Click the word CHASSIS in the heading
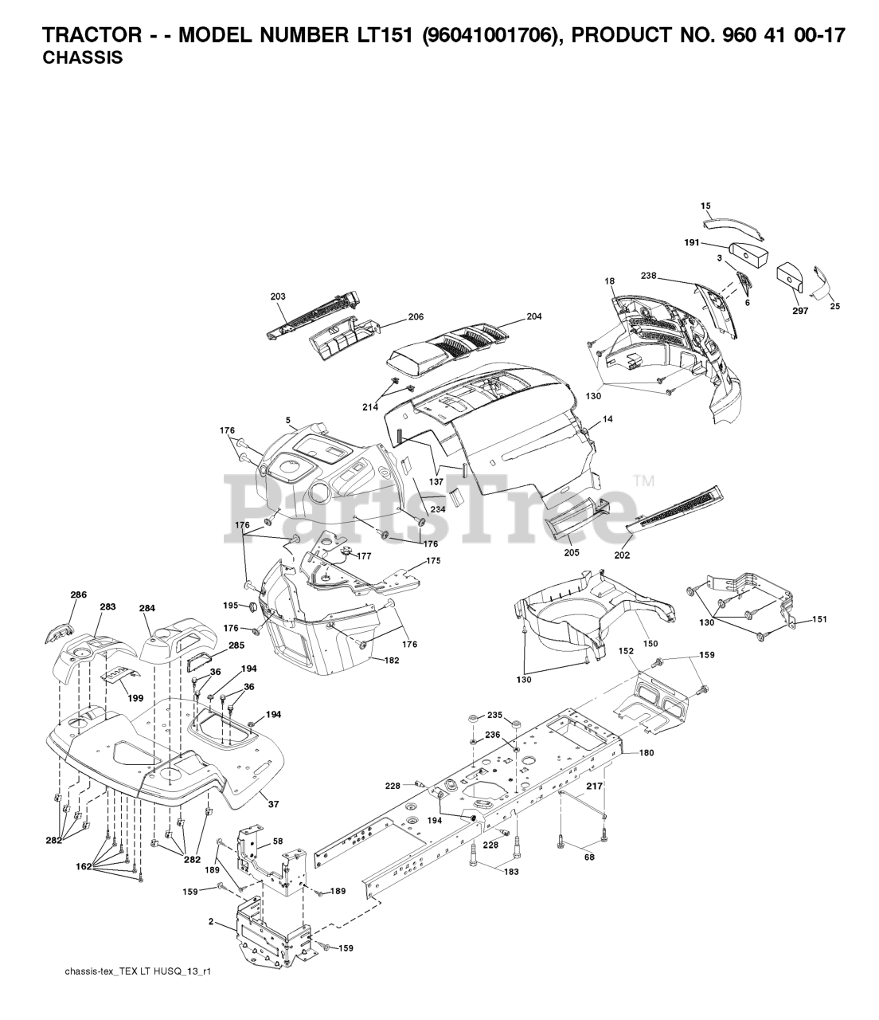[82, 58]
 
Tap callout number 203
[278, 296]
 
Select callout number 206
[416, 316]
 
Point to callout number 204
[533, 316]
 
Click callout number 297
[800, 311]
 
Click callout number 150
[651, 643]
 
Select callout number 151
[818, 618]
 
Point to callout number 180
[646, 752]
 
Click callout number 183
[511, 872]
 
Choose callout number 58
[278, 841]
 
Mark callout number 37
[273, 804]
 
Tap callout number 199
[135, 698]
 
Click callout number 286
[78, 594]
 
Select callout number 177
[365, 556]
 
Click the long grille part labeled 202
[676, 511]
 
